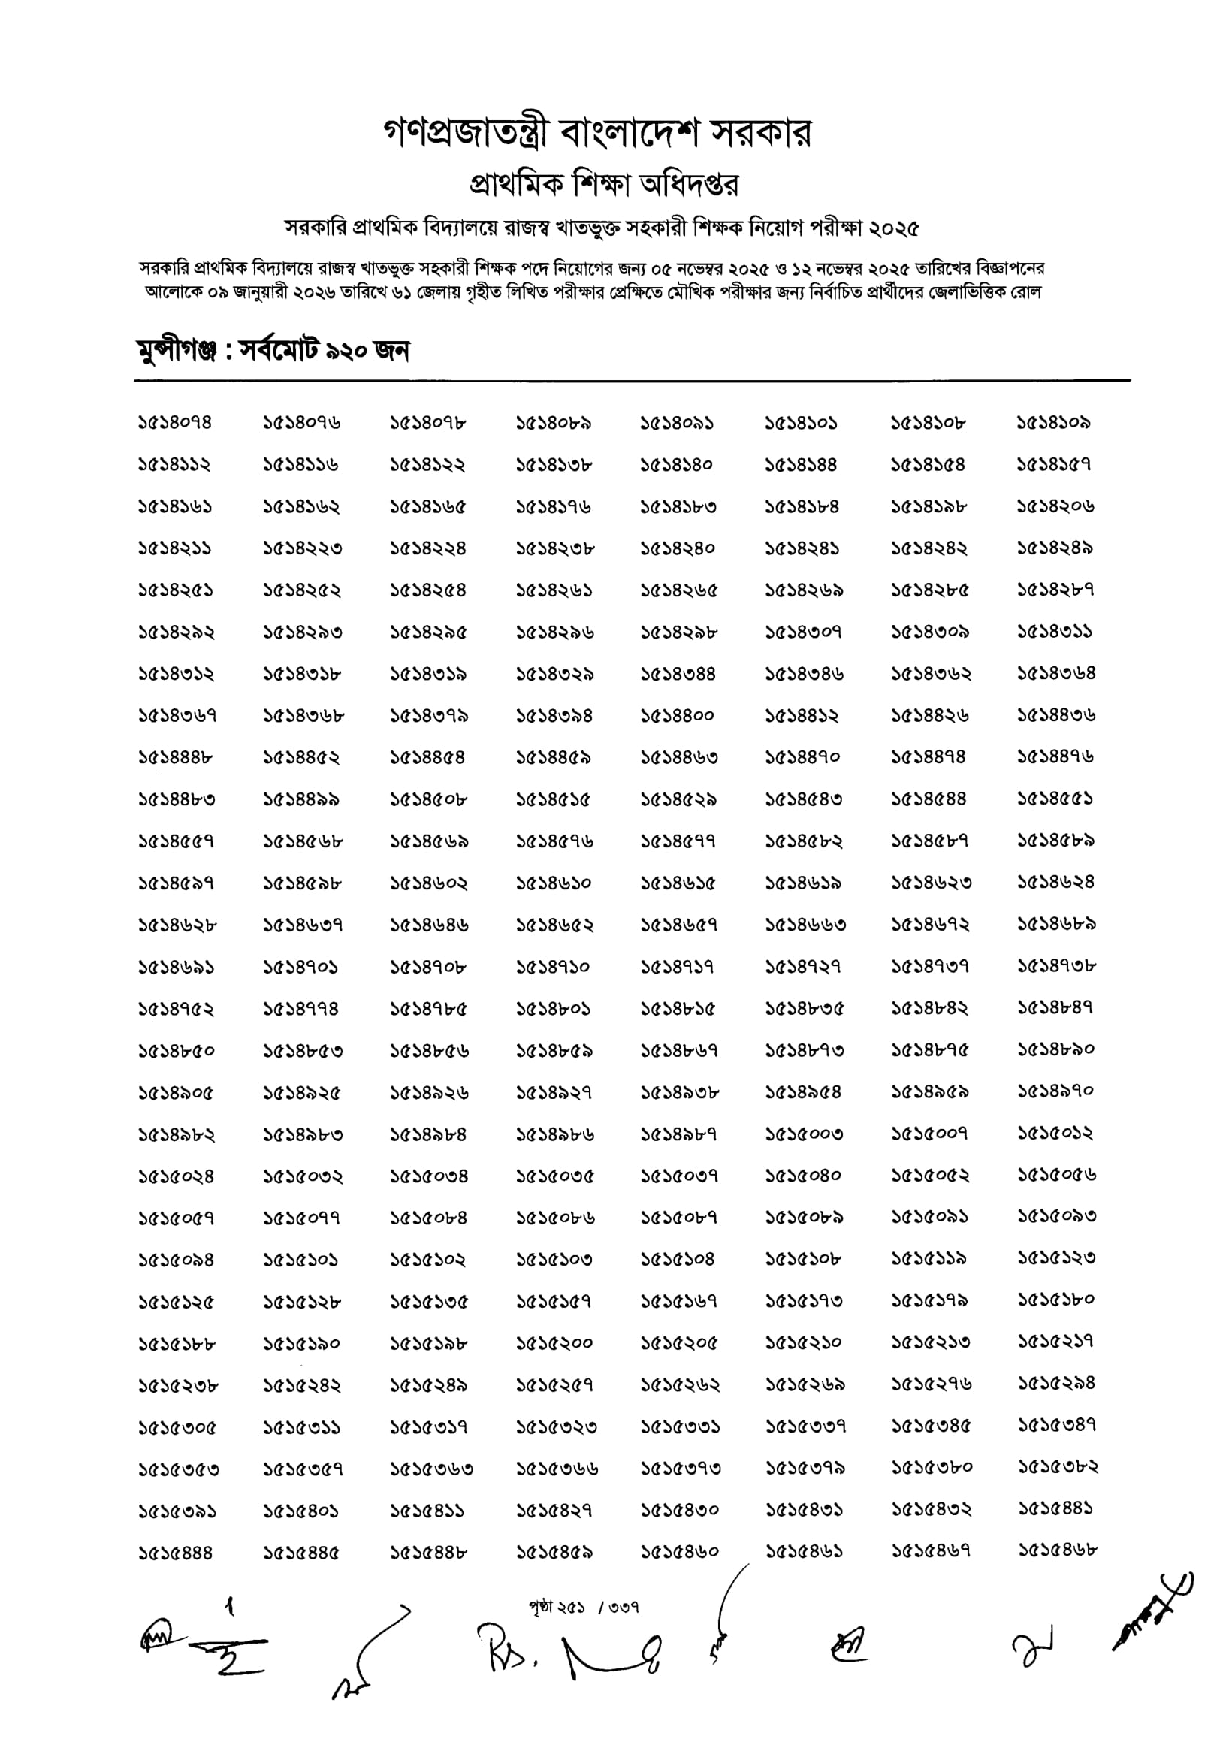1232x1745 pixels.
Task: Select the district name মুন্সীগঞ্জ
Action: click(177, 351)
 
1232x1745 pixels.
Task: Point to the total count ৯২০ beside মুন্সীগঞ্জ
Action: click(346, 351)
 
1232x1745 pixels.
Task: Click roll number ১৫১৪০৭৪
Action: click(175, 423)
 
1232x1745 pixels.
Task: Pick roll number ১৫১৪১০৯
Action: click(1054, 423)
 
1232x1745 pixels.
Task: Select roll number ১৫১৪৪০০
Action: click(677, 716)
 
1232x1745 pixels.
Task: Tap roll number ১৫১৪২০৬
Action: click(1055, 506)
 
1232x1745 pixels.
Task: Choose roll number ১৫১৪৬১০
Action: click(554, 883)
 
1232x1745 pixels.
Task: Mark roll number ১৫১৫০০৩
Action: click(804, 1135)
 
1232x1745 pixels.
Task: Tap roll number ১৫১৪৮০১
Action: click(554, 1010)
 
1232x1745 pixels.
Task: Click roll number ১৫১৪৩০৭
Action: click(803, 632)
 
